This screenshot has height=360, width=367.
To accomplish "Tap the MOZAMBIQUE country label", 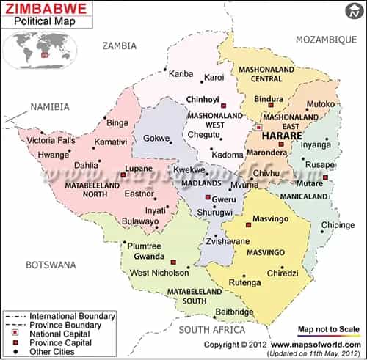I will pyautogui.click(x=326, y=38).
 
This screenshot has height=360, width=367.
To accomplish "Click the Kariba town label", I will pyautogui.click(x=181, y=76).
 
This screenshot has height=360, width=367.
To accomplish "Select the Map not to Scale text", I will pyautogui.click(x=330, y=329).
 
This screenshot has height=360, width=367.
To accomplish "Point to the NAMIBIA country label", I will pyautogui.click(x=48, y=107).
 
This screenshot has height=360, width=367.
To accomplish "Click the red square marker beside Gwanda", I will pyautogui.click(x=173, y=261).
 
